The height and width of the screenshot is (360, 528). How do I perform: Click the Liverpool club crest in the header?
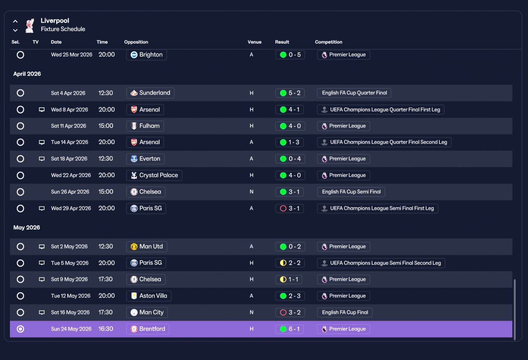tap(30, 26)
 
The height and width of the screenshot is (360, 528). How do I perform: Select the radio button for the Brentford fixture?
tap(21, 329)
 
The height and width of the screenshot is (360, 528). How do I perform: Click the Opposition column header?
tap(136, 42)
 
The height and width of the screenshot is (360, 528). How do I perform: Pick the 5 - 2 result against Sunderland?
tap(290, 93)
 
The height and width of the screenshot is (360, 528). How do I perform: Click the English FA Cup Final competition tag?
tap(344, 313)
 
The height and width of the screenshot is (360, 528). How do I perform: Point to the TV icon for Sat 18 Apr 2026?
tap(42, 159)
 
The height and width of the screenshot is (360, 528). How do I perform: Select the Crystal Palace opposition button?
tap(154, 175)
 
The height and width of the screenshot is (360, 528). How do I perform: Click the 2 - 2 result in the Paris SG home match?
tap(290, 263)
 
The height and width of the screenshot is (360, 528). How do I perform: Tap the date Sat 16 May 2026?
tap(70, 313)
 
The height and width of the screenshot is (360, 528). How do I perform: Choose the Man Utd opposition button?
tap(146, 246)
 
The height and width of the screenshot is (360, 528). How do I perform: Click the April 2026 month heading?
tap(27, 74)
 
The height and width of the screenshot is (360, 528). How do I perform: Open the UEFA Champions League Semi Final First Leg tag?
tap(377, 208)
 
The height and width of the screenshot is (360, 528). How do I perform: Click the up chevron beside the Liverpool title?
tap(15, 21)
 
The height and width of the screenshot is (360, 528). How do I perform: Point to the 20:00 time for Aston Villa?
tap(106, 296)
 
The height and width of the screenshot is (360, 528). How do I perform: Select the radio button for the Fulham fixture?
tap(21, 126)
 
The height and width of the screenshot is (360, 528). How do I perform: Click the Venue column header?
tap(255, 42)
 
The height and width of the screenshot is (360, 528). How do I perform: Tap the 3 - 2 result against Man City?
tap(290, 313)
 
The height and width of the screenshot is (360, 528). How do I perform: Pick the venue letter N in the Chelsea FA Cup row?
tap(252, 192)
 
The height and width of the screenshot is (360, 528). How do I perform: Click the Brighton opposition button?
tap(146, 55)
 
